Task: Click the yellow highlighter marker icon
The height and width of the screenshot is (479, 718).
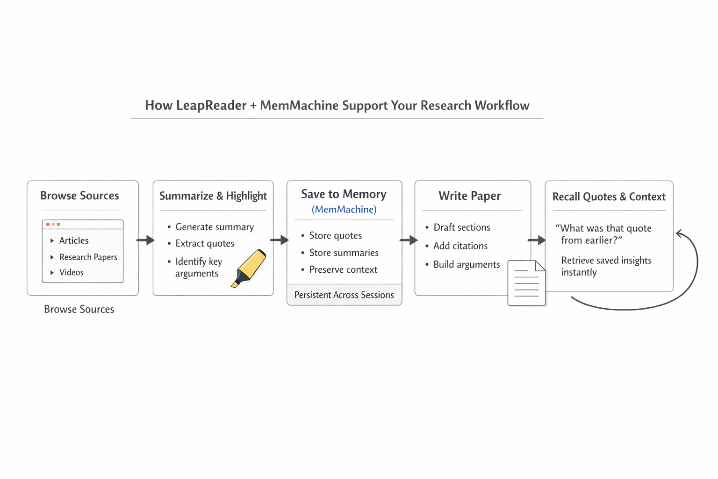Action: click(249, 269)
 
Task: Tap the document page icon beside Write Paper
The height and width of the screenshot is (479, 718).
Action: click(526, 283)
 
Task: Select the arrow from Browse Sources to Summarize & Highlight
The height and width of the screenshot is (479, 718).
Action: click(145, 240)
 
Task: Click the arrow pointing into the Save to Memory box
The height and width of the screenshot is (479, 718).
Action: click(280, 240)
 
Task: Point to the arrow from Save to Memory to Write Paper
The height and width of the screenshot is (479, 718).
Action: click(409, 240)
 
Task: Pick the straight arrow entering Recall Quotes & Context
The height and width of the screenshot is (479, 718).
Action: click(537, 240)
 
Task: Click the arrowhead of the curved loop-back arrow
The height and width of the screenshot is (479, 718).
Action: click(680, 233)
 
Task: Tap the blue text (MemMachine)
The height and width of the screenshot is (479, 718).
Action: click(344, 210)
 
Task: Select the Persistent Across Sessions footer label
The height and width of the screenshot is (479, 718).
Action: click(344, 295)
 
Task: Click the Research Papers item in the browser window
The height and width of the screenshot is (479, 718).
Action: click(88, 257)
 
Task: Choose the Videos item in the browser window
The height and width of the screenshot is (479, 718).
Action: click(72, 272)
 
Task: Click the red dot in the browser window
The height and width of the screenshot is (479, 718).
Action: click(48, 225)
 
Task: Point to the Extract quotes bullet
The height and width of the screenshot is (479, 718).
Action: click(204, 244)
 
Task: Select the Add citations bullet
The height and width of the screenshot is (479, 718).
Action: click(460, 246)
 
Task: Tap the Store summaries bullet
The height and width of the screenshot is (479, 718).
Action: click(344, 253)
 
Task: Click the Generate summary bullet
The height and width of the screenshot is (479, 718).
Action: click(214, 227)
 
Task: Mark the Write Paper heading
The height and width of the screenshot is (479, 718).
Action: click(469, 196)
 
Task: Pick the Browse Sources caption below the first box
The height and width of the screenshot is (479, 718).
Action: click(79, 309)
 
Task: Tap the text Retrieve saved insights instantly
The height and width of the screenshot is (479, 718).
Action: click(606, 266)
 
